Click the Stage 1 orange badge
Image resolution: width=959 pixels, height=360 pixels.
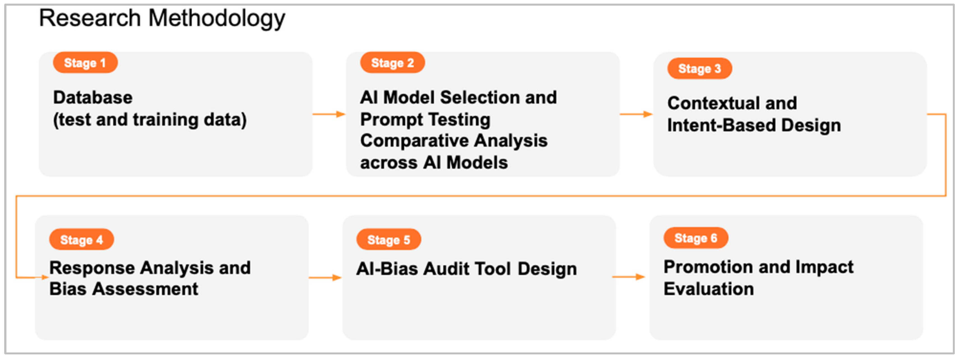[x=85, y=63]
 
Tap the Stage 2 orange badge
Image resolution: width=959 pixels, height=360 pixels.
[x=392, y=63]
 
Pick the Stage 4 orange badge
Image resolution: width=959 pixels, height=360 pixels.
[x=82, y=240]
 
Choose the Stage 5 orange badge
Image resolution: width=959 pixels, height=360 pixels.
[x=389, y=240]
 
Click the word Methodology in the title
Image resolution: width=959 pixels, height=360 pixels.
[x=217, y=19]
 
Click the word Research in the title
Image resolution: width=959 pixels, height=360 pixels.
[x=90, y=19]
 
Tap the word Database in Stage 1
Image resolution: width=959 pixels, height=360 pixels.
[x=93, y=98]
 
